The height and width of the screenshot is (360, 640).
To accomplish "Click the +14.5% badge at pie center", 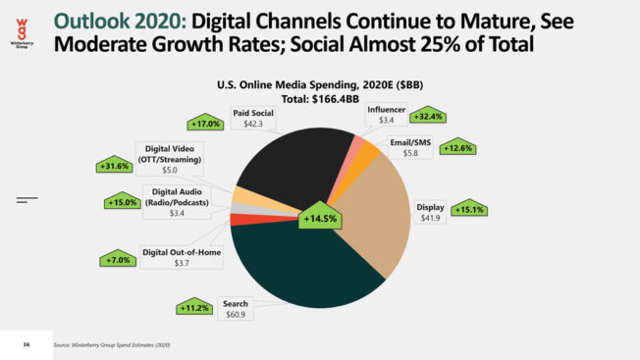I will tap(319, 217).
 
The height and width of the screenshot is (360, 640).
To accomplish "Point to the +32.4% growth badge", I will tap(428, 116).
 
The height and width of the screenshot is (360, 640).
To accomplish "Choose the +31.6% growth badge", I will tap(114, 165).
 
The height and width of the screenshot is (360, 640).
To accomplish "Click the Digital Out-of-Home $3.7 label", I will tap(182, 257).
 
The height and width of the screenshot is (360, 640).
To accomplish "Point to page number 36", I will tap(27, 344).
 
